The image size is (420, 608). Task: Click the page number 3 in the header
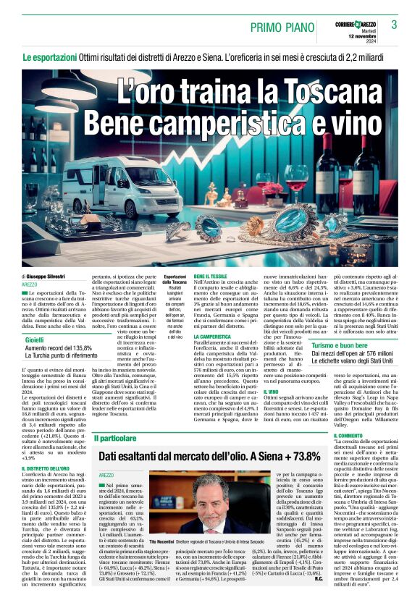pyautogui.click(x=395, y=25)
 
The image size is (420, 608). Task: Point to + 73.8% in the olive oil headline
pyautogui.click(x=298, y=457)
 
